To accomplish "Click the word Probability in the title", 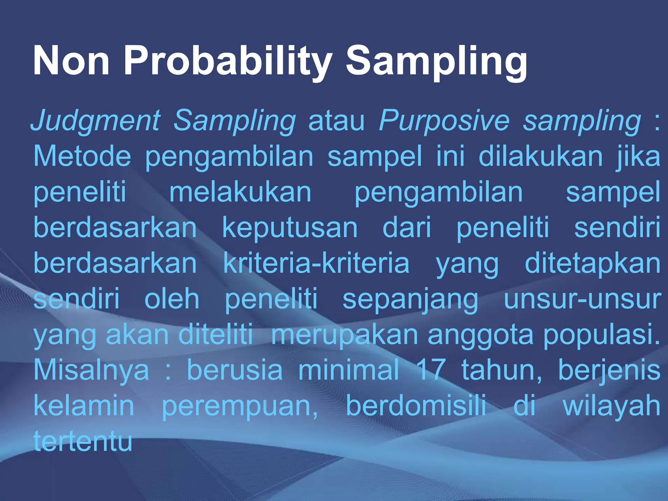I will (x=228, y=61).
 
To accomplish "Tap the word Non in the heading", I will (x=71, y=61).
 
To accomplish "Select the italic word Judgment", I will (x=95, y=121).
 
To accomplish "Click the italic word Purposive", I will (x=444, y=121).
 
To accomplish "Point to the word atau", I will (x=336, y=121).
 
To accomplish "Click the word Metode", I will (x=82, y=156).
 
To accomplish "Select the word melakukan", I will (x=240, y=192).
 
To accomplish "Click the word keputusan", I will (x=290, y=228).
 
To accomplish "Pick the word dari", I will (x=407, y=228).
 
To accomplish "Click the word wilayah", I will (x=612, y=406).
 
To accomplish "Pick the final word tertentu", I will (x=83, y=441).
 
